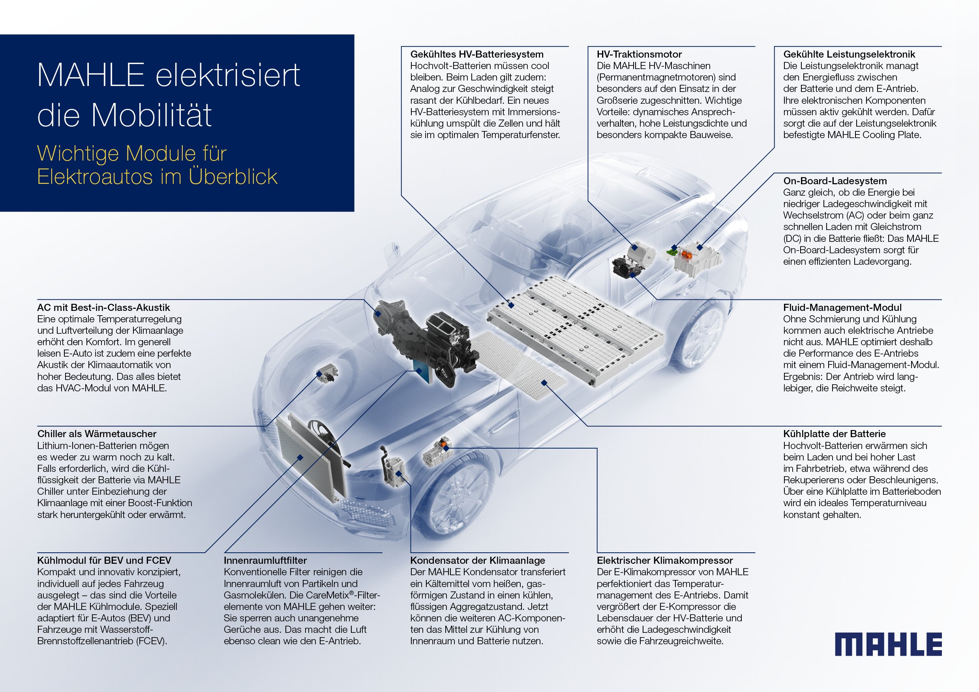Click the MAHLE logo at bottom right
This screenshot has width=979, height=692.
click(x=888, y=644)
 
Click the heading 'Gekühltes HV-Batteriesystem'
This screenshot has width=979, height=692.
click(x=477, y=54)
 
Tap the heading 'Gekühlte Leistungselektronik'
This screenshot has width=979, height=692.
click(x=849, y=54)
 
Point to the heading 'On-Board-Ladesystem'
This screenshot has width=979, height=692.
click(x=835, y=181)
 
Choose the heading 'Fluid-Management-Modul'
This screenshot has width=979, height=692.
click(x=842, y=307)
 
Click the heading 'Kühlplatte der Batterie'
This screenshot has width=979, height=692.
click(x=834, y=434)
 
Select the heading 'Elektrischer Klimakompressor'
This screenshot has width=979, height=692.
click(x=664, y=560)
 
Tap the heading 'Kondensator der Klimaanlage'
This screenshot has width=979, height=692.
click(x=478, y=560)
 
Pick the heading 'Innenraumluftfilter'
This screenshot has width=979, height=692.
click(x=265, y=560)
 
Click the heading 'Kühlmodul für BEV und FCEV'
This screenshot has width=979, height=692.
click(x=104, y=560)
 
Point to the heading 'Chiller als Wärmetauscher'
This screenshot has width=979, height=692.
click(x=97, y=434)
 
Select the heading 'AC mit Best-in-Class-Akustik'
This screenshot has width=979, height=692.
click(x=103, y=307)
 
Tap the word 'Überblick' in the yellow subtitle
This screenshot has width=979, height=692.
click(x=233, y=176)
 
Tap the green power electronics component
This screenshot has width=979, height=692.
click(x=673, y=252)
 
